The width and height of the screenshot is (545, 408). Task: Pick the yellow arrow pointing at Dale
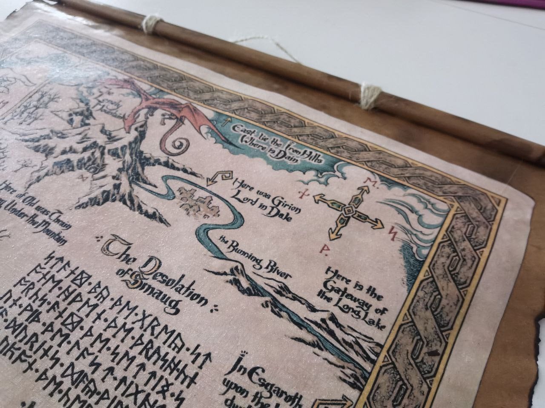[x=217, y=177]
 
